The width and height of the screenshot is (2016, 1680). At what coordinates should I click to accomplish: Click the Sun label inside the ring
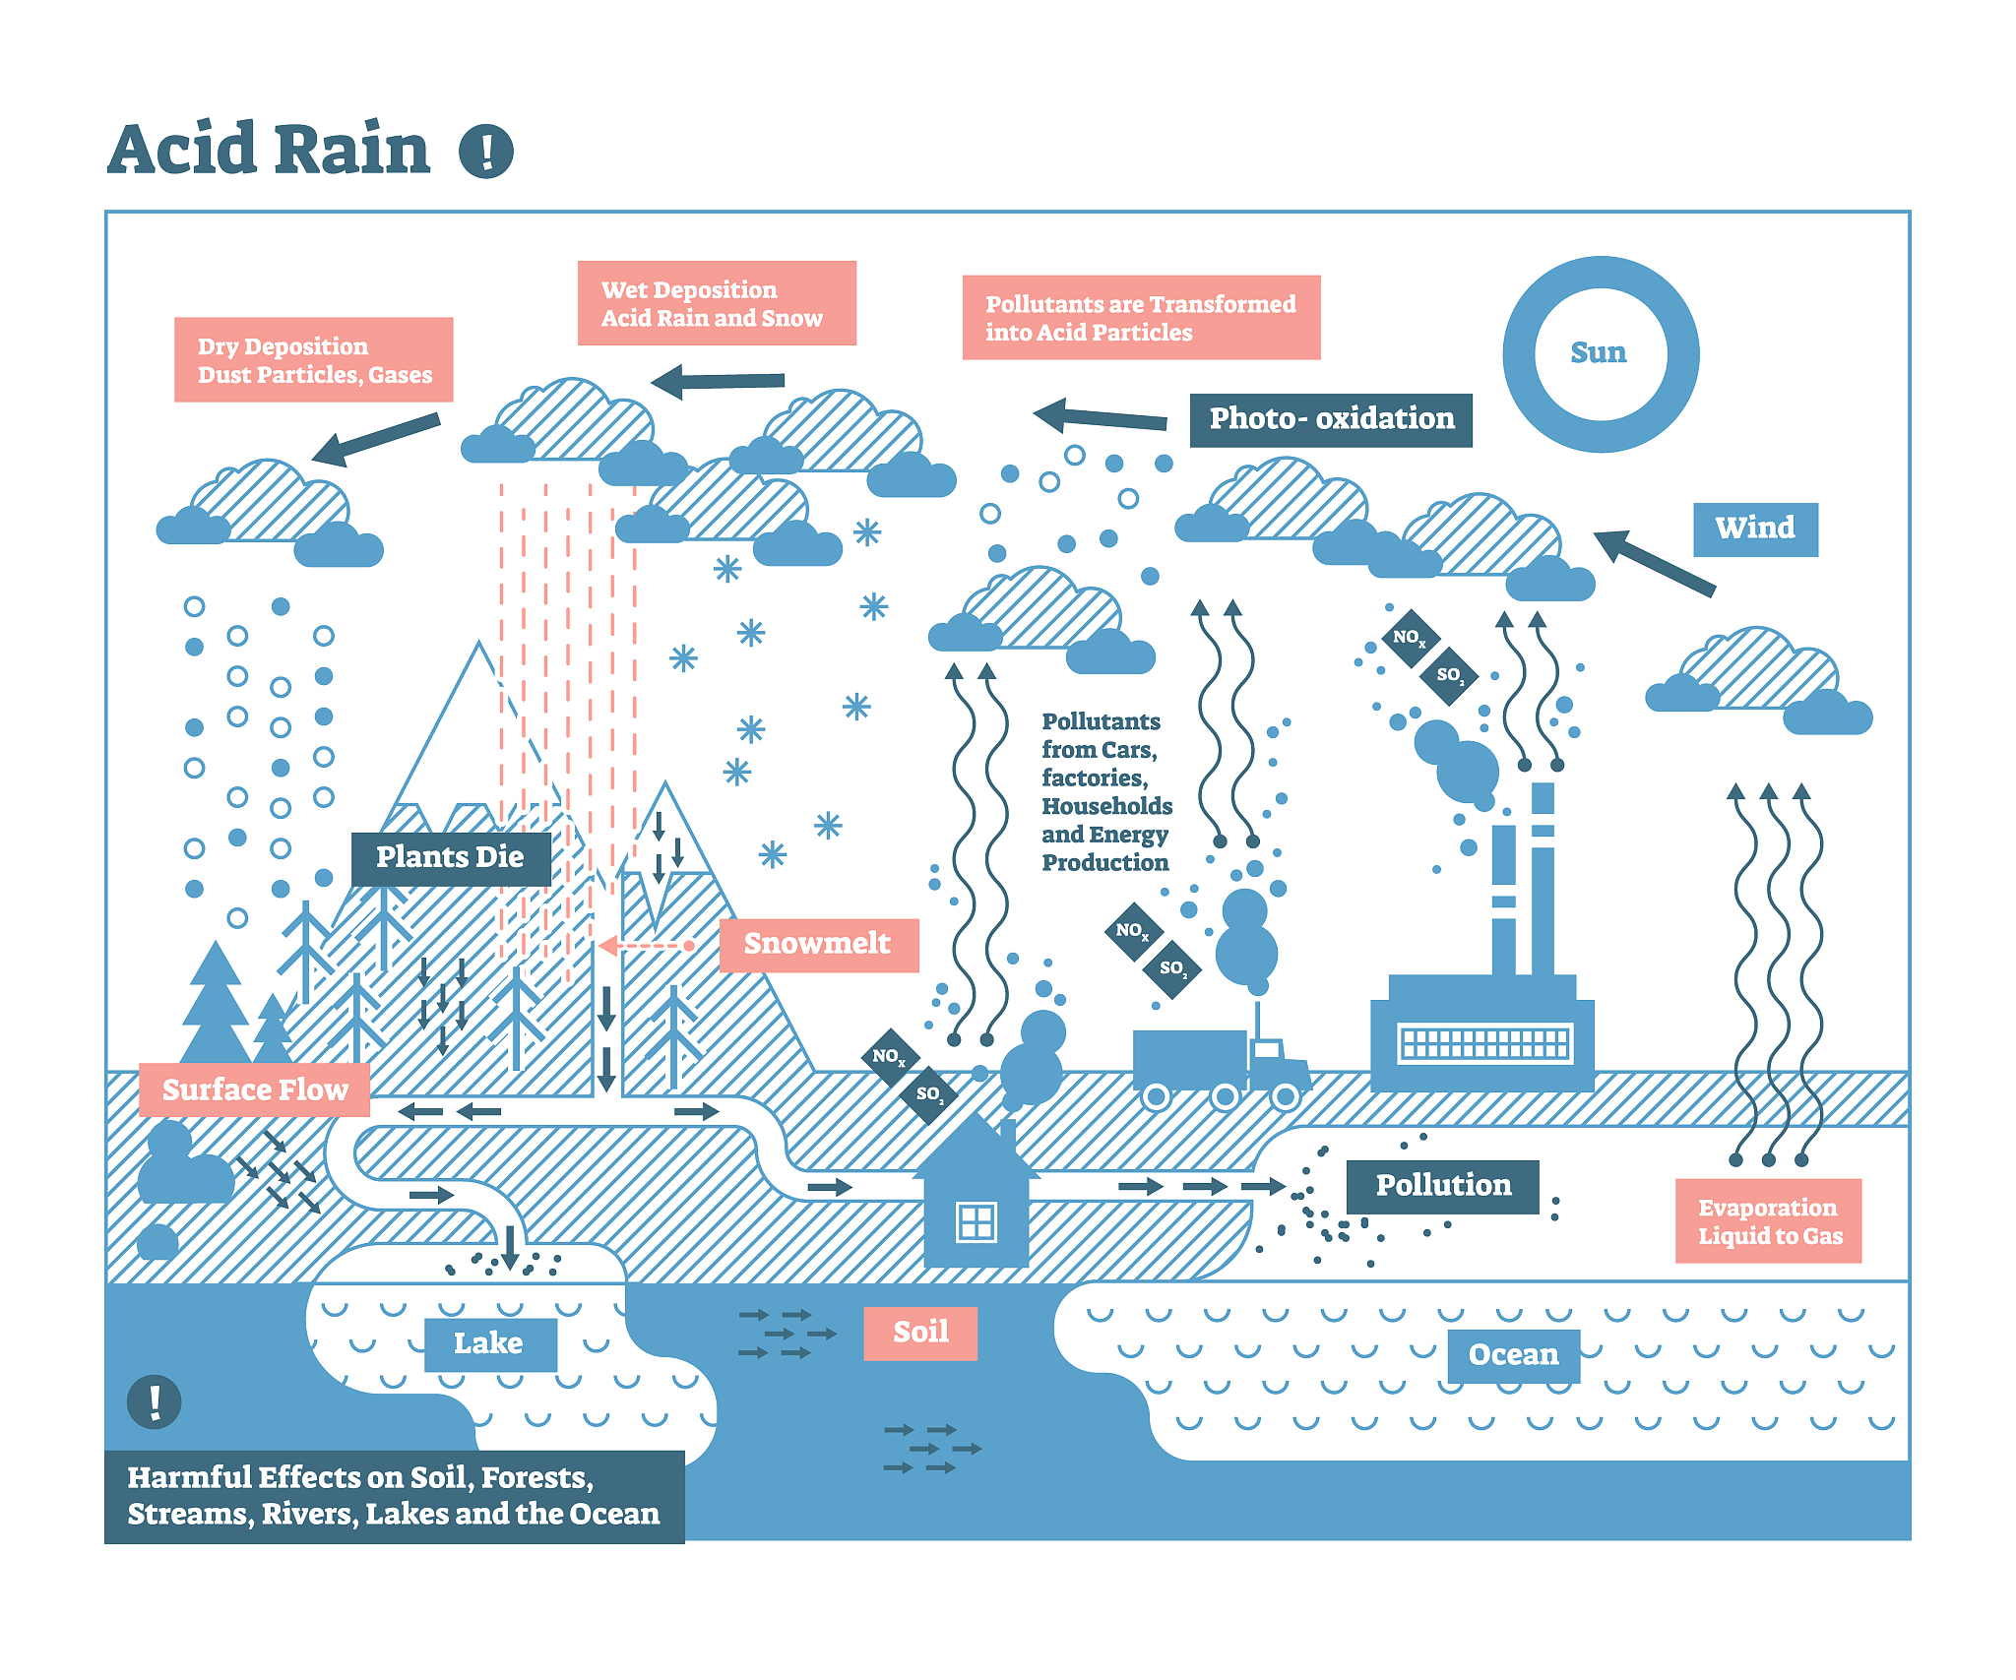pyautogui.click(x=1598, y=352)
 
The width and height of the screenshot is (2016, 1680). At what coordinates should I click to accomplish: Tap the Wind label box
pyautogui.click(x=1755, y=529)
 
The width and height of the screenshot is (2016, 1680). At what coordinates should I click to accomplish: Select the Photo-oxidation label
pyautogui.click(x=1331, y=419)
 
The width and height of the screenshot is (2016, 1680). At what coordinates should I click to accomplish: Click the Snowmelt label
pyautogui.click(x=818, y=944)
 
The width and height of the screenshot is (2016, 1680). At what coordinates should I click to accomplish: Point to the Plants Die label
pyautogui.click(x=450, y=857)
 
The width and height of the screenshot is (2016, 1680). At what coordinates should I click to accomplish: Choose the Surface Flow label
pyautogui.click(x=254, y=1089)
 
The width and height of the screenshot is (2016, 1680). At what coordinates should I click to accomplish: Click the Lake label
pyautogui.click(x=489, y=1343)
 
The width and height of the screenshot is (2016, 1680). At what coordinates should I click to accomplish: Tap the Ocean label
pyautogui.click(x=1513, y=1355)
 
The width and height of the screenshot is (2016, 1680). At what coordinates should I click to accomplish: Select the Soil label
pyautogui.click(x=920, y=1333)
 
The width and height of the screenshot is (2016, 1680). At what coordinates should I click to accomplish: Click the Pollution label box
pyautogui.click(x=1442, y=1186)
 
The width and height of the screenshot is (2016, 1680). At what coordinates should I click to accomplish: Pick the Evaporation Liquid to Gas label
pyautogui.click(x=1769, y=1221)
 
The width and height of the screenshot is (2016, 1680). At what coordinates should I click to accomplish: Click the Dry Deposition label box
pyautogui.click(x=313, y=360)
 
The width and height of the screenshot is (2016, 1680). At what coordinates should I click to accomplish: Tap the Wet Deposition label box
pyautogui.click(x=716, y=303)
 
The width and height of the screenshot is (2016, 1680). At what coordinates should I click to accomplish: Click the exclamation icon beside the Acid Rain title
pyautogui.click(x=486, y=152)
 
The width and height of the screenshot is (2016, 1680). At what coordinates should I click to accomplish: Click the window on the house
pyautogui.click(x=976, y=1221)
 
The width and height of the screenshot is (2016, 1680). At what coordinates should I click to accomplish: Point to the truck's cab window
pyautogui.click(x=1267, y=1049)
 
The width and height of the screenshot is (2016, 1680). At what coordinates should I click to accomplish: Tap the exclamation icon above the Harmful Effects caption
pyautogui.click(x=155, y=1400)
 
